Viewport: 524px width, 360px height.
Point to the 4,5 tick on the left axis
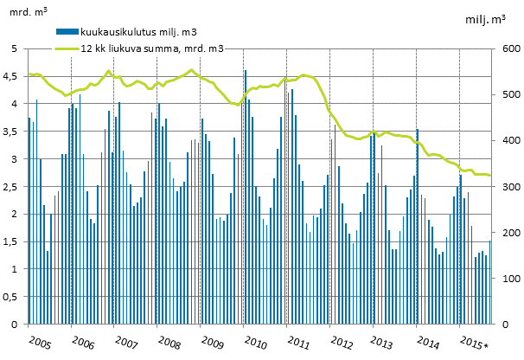click(13, 76)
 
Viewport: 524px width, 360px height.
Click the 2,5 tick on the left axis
click(13, 186)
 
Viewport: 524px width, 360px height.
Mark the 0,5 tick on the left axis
click(13, 296)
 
